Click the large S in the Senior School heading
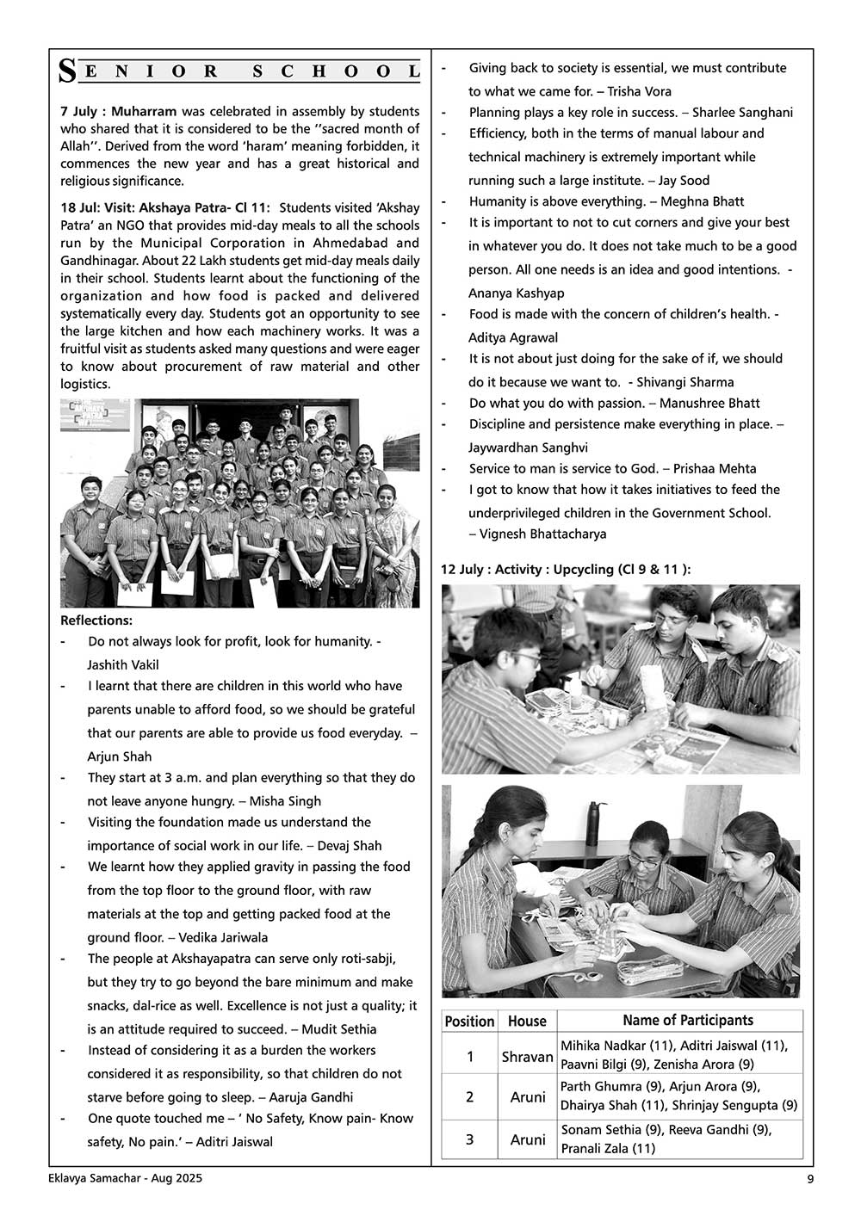pos(67,72)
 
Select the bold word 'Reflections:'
pos(96,620)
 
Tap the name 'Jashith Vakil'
pos(123,665)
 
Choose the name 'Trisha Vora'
pos(640,91)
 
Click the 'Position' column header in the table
pos(469,1022)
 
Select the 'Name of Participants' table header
pos(687,1021)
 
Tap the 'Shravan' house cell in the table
pos(527,1056)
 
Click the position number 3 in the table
pos(469,1139)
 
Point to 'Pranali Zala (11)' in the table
pos(608,1149)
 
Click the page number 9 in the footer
pos(810,1180)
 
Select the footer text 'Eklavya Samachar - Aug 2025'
pos(126,1179)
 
